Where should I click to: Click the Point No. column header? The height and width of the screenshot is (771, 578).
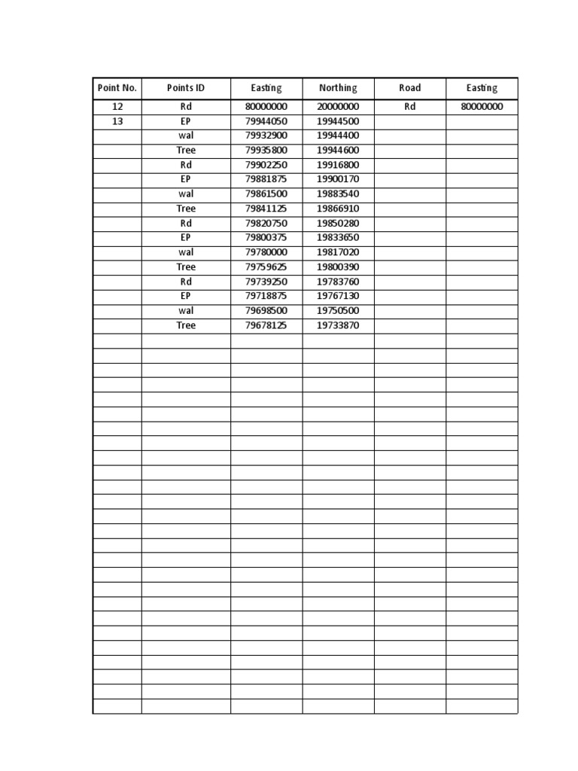tap(117, 88)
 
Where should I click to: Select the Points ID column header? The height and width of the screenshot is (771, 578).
tap(186, 88)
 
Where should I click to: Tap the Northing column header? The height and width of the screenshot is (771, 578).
tap(338, 88)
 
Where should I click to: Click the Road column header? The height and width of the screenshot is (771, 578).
tap(409, 88)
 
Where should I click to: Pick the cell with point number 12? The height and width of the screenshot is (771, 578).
tap(117, 107)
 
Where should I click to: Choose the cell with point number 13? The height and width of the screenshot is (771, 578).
tap(117, 121)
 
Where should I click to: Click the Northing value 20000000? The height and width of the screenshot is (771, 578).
tap(338, 107)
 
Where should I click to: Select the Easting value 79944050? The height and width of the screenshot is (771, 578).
tap(266, 121)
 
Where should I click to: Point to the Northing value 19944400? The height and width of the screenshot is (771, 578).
tap(338, 136)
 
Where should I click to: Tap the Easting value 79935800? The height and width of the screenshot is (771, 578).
tap(266, 151)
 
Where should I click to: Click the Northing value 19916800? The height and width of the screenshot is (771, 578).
tap(338, 165)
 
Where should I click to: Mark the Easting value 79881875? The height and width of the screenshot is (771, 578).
tap(266, 179)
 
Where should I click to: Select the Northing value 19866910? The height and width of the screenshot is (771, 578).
tap(338, 209)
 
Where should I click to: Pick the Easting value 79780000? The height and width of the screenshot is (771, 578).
tap(266, 252)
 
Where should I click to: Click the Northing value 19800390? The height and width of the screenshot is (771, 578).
tap(338, 267)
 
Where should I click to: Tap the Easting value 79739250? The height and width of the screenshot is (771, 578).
tap(266, 282)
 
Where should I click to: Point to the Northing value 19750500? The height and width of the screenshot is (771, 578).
tap(338, 311)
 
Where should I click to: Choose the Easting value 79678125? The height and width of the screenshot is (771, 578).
tap(266, 325)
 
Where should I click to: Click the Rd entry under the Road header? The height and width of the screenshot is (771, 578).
tap(409, 107)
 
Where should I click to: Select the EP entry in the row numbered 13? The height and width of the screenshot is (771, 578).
tap(186, 121)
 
